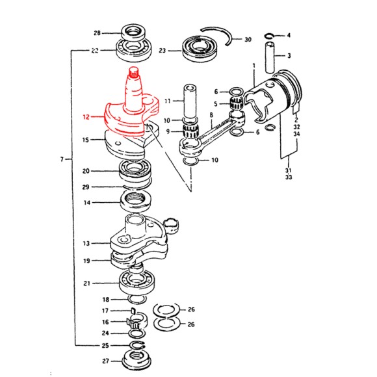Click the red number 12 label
coord(86,117)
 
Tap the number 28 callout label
coord(97,33)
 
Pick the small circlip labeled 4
coord(269,36)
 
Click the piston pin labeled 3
coord(270,57)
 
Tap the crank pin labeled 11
coord(190,101)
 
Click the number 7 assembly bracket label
coord(62,159)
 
